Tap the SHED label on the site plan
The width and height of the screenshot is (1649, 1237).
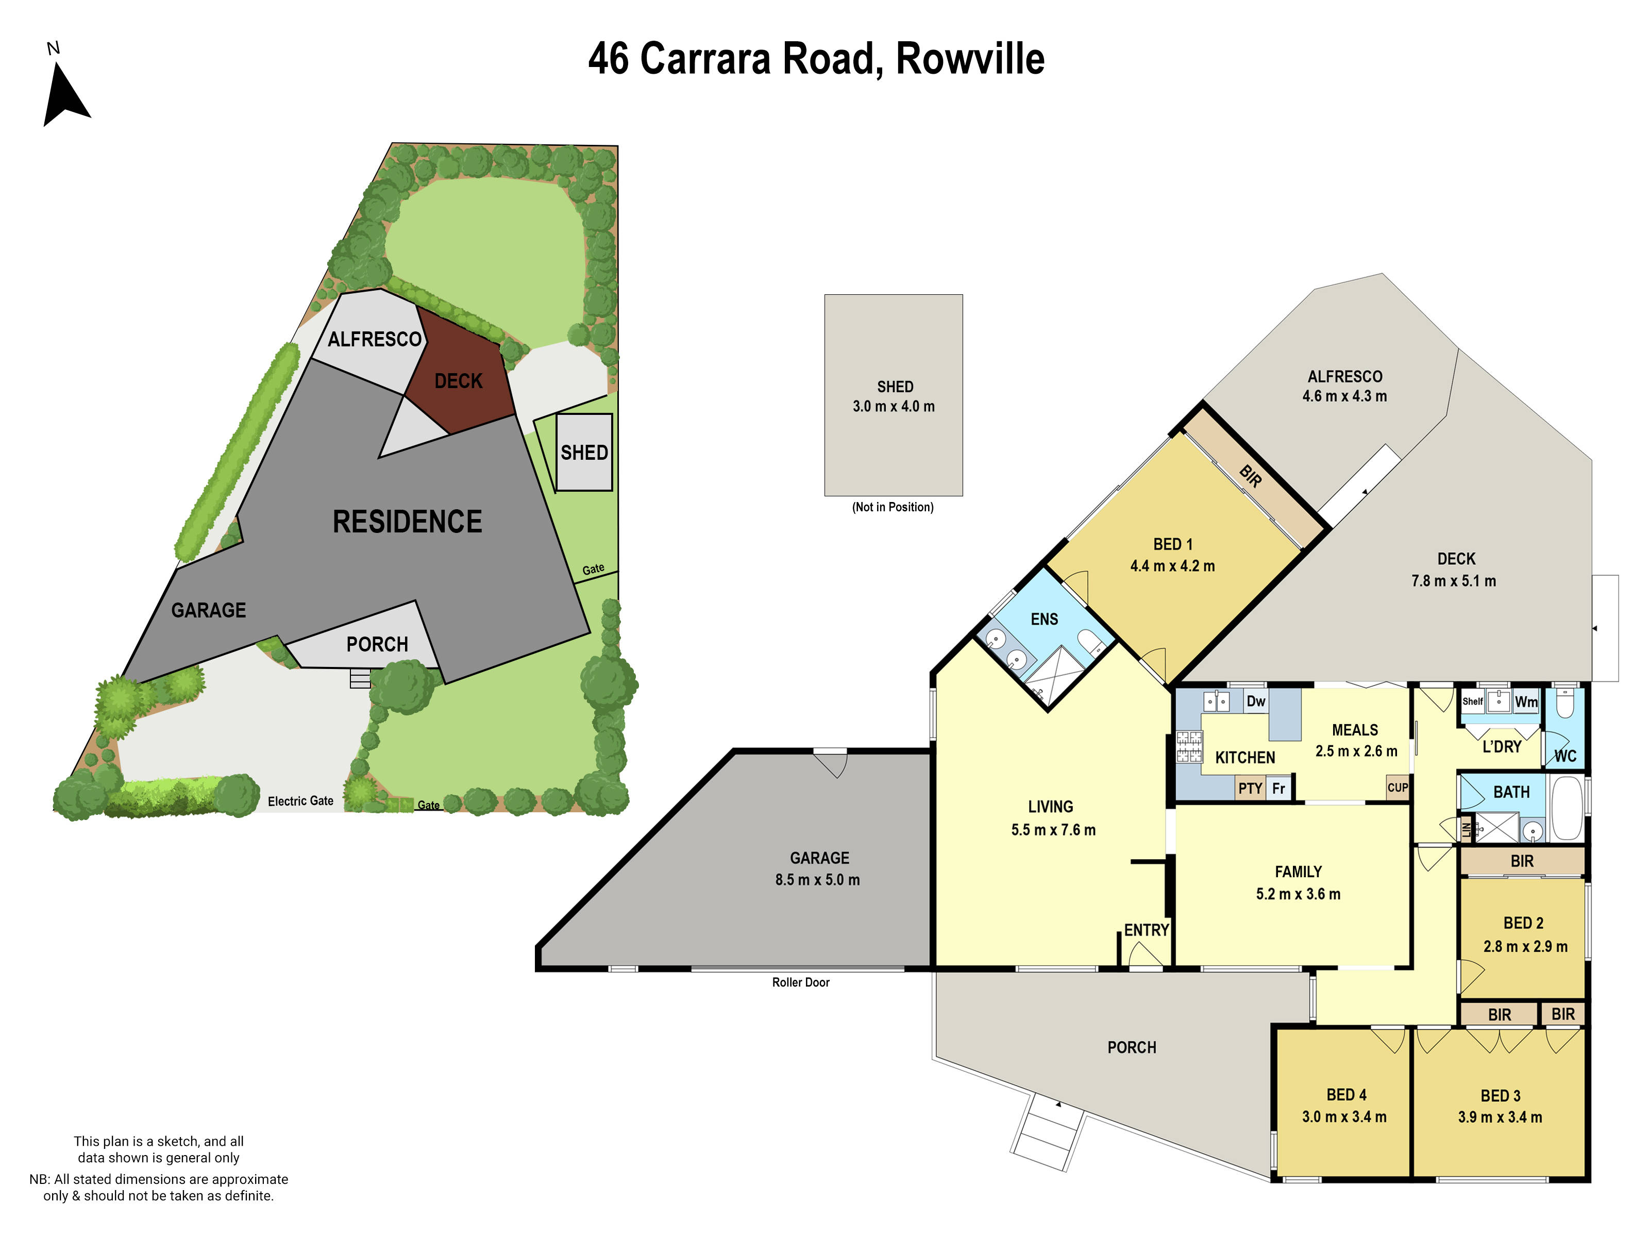pos(584,453)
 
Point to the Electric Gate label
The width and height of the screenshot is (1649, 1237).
pos(300,801)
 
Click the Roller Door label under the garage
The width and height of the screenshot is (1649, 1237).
pos(801,983)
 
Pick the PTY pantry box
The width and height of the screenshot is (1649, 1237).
pos(1250,788)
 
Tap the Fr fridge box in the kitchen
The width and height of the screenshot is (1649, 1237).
pos(1278,788)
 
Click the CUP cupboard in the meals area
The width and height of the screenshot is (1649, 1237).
pos(1397,788)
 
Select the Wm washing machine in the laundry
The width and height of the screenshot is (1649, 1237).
pos(1526,701)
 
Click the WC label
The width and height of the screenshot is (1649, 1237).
pos(1565,756)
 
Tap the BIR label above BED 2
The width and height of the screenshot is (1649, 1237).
pos(1522,861)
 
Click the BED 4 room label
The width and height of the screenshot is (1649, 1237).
pos(1347,1095)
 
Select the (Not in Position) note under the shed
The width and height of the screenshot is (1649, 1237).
pos(893,507)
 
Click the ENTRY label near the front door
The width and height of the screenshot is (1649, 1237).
pos(1146,930)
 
